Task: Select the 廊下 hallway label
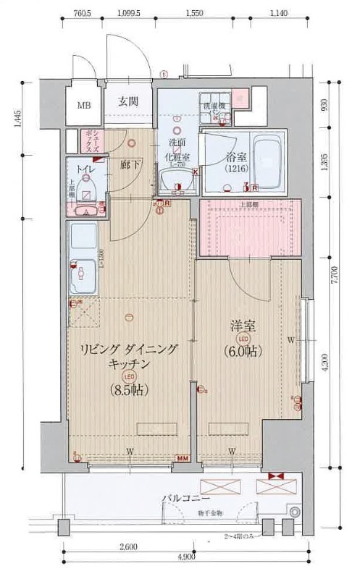130,164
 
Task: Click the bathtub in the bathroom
267,161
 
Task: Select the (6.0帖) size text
243,350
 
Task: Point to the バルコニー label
186,499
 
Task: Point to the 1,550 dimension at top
194,14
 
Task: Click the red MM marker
183,457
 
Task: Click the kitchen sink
83,276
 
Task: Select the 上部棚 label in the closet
250,206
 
